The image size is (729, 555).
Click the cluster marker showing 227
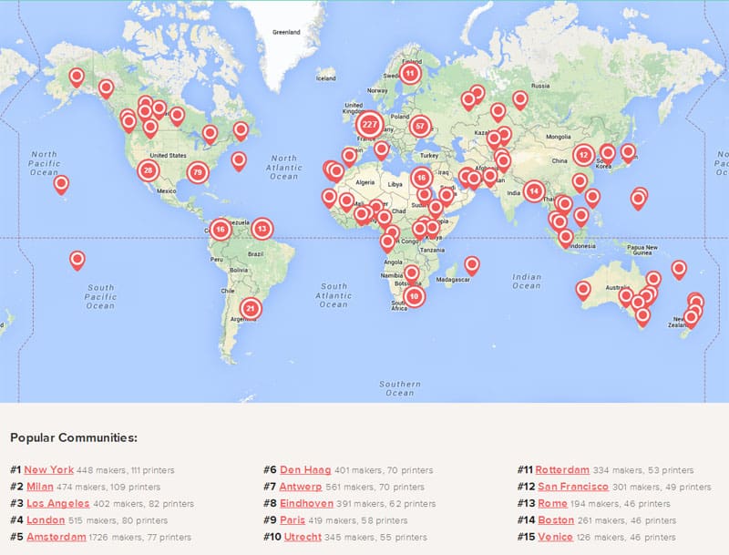pos(370,123)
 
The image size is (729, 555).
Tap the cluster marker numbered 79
pos(198,172)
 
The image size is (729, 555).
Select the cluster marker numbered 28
pos(149,170)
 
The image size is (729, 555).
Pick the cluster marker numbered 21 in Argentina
pos(251,308)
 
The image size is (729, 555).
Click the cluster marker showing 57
pos(419,126)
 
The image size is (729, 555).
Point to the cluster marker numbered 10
pos(415,295)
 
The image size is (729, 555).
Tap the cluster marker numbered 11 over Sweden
pos(410,73)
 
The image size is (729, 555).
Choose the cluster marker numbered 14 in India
pos(534,190)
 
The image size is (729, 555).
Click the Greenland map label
pos(286,32)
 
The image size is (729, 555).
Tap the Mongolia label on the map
pos(558,137)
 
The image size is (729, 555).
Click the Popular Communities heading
pos(74,437)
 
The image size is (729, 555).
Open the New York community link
pos(49,470)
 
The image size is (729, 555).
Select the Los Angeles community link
pos(56,503)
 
